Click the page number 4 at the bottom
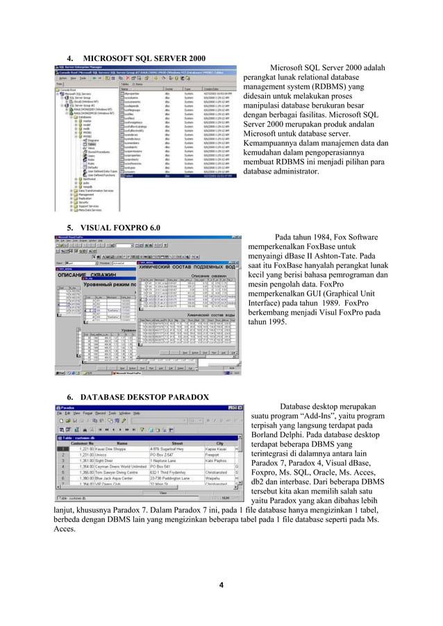point(221,584)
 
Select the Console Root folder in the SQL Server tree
point(68,90)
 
